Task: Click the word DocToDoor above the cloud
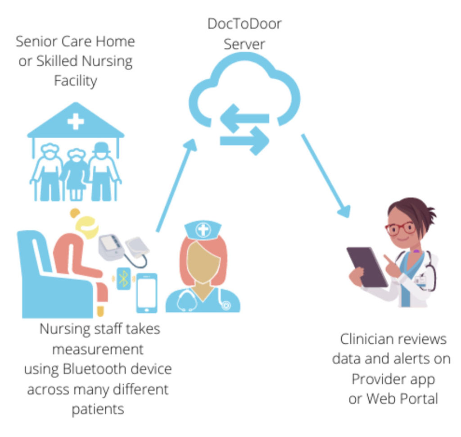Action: tap(244, 24)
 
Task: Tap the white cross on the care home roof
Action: tap(76, 121)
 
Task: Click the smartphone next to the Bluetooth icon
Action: tap(147, 292)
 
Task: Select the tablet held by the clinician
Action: tap(367, 266)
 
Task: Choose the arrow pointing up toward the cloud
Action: tap(176, 185)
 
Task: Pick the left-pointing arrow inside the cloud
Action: tap(245, 118)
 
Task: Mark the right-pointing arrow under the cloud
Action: tap(245, 140)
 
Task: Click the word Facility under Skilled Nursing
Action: tap(75, 81)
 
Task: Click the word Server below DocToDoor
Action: tap(244, 44)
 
